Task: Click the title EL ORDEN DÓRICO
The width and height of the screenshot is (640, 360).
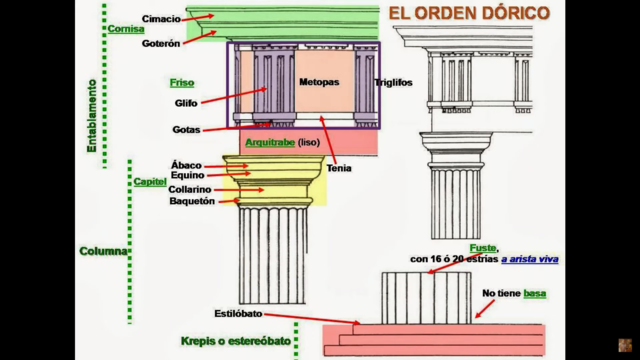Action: pos(468,13)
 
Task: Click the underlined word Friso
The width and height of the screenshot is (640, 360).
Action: pos(182,82)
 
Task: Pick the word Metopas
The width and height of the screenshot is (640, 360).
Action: pos(319,81)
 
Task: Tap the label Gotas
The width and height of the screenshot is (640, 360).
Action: pos(186,129)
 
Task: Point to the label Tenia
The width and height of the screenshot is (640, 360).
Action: pos(339,167)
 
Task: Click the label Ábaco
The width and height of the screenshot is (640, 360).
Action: pos(186,164)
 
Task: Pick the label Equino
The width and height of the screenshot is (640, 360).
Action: pos(187,176)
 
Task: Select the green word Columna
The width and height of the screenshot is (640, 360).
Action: pos(105,251)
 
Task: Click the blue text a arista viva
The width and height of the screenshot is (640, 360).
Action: pos(531,259)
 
